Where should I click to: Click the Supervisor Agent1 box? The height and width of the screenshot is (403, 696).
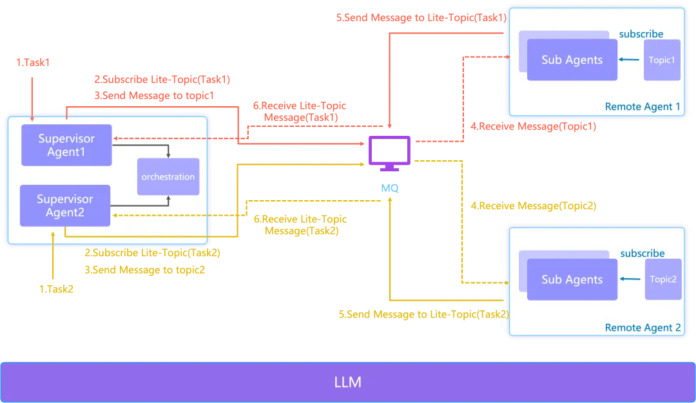click(x=66, y=145)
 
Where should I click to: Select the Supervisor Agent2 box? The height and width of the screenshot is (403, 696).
click(x=65, y=205)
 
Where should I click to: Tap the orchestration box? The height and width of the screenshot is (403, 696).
click(x=168, y=176)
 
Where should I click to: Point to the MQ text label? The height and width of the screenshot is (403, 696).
click(x=389, y=188)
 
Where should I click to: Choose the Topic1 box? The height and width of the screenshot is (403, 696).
click(x=662, y=60)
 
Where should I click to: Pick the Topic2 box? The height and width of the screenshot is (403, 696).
click(x=663, y=279)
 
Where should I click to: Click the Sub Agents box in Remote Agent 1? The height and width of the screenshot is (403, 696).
click(x=572, y=60)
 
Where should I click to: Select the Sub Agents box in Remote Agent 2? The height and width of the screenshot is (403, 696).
click(x=572, y=279)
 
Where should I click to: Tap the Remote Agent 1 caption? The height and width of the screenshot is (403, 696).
click(x=643, y=107)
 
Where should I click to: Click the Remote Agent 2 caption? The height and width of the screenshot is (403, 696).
click(x=643, y=328)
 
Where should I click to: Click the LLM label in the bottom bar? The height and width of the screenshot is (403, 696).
click(x=348, y=382)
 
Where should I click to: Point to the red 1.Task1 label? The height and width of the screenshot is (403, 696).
click(x=33, y=62)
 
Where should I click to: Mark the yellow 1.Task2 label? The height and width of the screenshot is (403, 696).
click(x=56, y=289)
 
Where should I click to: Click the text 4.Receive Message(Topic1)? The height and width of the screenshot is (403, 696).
click(x=533, y=127)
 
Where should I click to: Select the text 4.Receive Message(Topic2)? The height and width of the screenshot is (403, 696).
click(x=533, y=206)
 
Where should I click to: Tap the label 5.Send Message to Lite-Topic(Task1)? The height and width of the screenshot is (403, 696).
click(x=421, y=18)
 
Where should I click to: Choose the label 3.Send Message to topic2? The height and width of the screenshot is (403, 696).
click(x=145, y=270)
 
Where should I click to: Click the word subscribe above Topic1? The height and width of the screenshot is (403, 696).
click(x=641, y=33)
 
